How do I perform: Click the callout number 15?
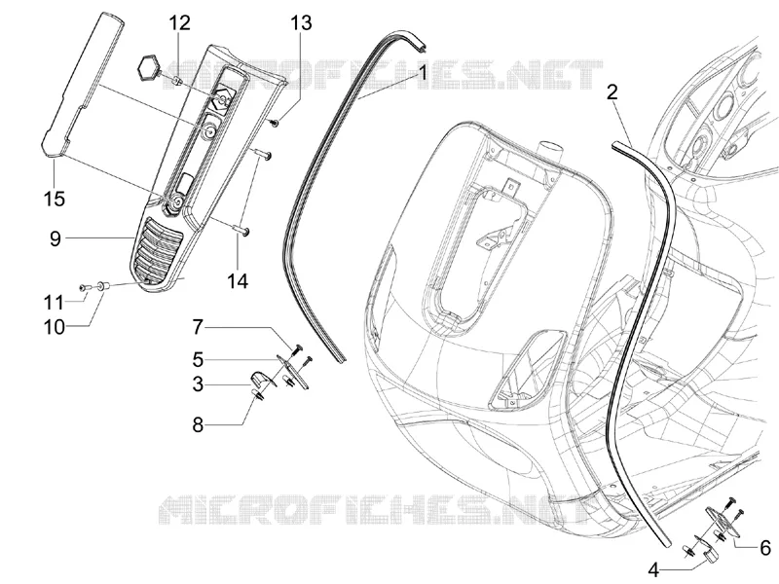coord(55,199)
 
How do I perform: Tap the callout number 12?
coord(180,22)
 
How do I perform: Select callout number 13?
coord(301,22)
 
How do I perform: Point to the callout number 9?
coord(56,238)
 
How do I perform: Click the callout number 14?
coord(238,281)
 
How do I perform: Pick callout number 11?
coord(54,303)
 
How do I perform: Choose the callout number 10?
coord(55,328)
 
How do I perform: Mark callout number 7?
coord(199,327)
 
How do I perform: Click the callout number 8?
coord(199,425)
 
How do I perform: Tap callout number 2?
coord(612,91)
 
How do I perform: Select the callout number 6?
coord(765,548)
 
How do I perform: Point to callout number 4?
coord(653,570)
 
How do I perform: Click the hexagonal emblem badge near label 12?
coord(148,65)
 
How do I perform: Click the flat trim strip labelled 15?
coord(81,85)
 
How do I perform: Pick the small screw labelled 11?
coord(84,287)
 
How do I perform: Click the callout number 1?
coord(423,74)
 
